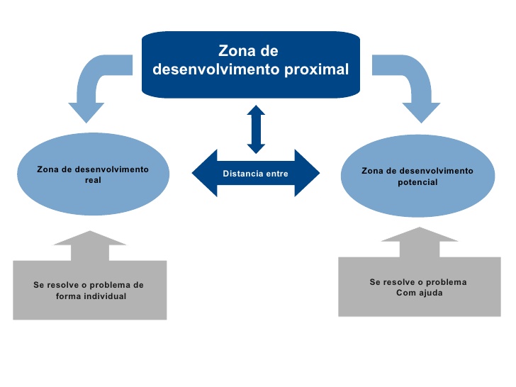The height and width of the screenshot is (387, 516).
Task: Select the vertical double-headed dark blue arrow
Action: click(x=256, y=129)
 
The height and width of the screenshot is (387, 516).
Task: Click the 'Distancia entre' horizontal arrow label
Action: click(x=256, y=174)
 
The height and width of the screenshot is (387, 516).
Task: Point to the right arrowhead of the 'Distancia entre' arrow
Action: click(x=309, y=174)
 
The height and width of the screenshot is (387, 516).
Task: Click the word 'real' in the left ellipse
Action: click(x=93, y=181)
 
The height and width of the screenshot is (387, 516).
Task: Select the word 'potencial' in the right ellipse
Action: click(x=417, y=182)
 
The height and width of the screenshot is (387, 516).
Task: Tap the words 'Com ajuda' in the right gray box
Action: click(x=420, y=293)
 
